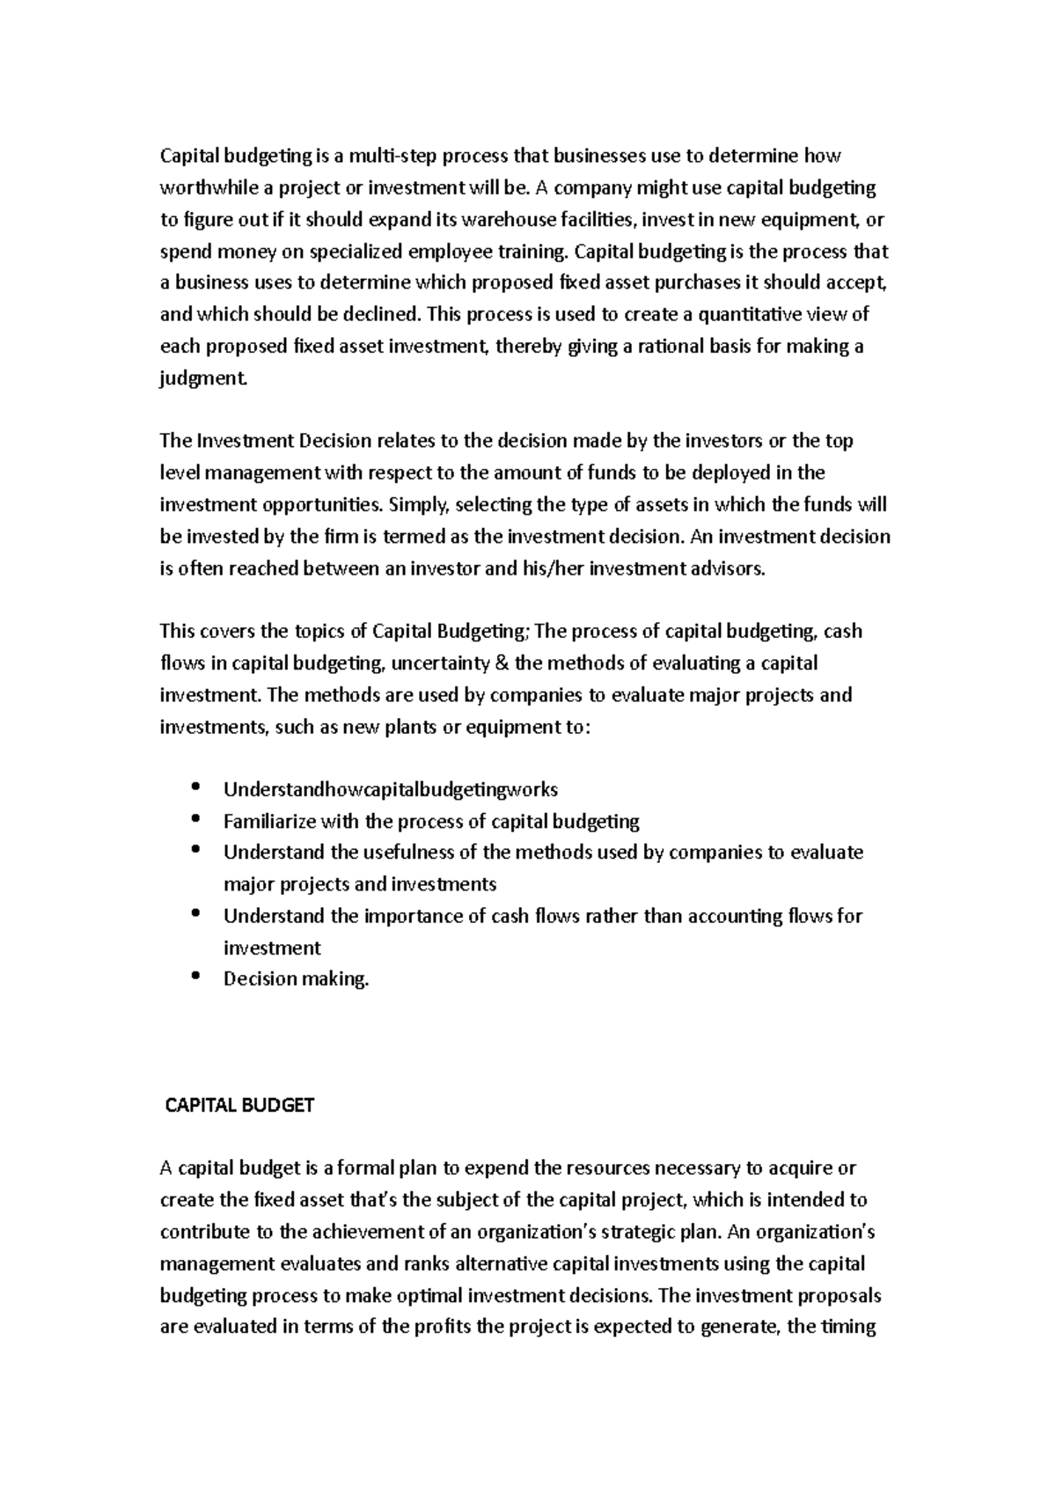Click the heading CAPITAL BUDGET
click(x=240, y=1105)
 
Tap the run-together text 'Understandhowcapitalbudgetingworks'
click(x=391, y=790)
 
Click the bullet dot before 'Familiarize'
click(x=195, y=818)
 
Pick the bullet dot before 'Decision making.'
click(x=195, y=976)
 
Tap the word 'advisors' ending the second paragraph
click(x=730, y=568)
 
